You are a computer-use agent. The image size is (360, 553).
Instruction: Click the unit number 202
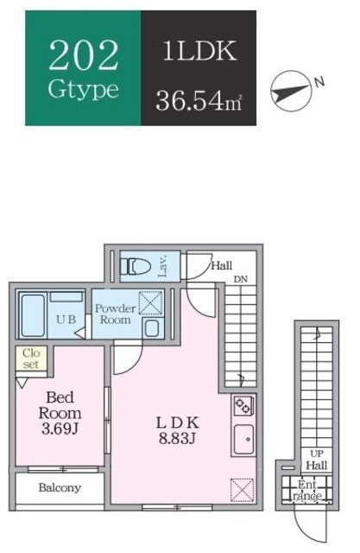(x=84, y=54)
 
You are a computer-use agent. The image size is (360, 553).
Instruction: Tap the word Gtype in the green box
(x=84, y=89)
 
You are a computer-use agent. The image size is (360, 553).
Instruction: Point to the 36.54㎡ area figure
(x=199, y=101)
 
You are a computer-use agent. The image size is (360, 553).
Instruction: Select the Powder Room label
(x=114, y=315)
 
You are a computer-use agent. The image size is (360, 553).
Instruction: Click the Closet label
(x=31, y=359)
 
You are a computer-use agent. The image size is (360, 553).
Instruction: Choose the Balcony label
(x=60, y=487)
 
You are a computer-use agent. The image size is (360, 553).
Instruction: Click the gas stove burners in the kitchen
(x=242, y=405)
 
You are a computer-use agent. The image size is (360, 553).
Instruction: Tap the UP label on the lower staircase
(x=317, y=453)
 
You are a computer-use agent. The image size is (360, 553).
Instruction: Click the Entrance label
(x=308, y=490)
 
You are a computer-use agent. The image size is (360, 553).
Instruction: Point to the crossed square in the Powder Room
(x=150, y=302)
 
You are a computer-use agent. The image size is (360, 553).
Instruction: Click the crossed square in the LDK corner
(x=242, y=489)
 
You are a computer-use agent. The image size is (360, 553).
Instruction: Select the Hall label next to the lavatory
(x=222, y=266)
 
